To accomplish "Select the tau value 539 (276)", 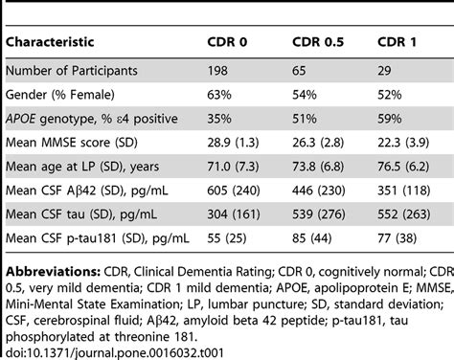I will point(322,219).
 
